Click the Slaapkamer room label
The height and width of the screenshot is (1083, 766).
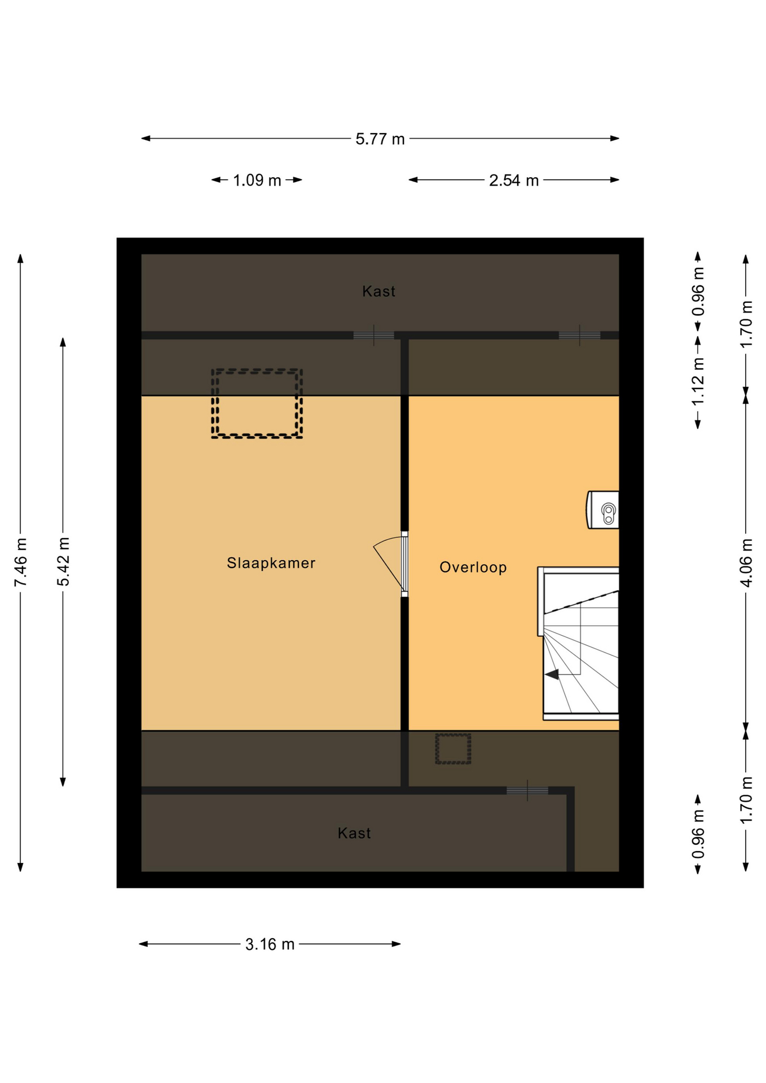pyautogui.click(x=271, y=563)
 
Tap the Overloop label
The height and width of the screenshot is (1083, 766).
pyautogui.click(x=473, y=567)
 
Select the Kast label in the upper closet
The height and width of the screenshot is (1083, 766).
pyautogui.click(x=378, y=292)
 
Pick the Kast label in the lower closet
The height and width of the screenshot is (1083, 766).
pyautogui.click(x=354, y=833)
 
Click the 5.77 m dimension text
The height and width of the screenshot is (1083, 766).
pyautogui.click(x=380, y=139)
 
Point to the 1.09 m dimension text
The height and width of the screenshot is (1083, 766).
pyautogui.click(x=257, y=180)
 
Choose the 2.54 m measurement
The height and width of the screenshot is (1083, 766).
pyautogui.click(x=514, y=180)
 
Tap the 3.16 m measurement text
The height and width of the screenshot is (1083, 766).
pyautogui.click(x=270, y=944)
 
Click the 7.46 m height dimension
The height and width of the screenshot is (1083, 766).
pyautogui.click(x=21, y=562)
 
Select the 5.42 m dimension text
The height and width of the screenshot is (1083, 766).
pyautogui.click(x=63, y=562)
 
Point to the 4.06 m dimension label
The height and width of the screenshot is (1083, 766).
pyautogui.click(x=746, y=563)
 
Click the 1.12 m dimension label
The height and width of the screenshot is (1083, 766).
pyautogui.click(x=698, y=382)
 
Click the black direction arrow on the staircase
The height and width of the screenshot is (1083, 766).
pyautogui.click(x=552, y=674)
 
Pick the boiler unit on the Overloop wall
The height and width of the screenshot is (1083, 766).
pyautogui.click(x=603, y=510)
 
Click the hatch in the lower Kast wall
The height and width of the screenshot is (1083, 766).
pyautogui.click(x=527, y=791)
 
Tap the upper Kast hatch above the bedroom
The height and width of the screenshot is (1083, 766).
pyautogui.click(x=374, y=336)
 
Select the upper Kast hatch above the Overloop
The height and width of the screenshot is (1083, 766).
pyautogui.click(x=580, y=336)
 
